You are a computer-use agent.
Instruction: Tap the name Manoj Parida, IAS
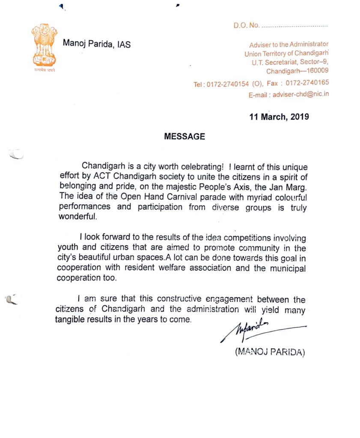(97, 44)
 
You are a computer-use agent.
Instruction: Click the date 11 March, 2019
(279, 116)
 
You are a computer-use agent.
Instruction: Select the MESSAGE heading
(184, 136)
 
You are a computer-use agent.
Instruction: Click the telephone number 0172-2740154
(227, 84)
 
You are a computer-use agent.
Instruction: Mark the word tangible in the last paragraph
(70, 320)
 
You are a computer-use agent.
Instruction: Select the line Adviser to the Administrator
(289, 44)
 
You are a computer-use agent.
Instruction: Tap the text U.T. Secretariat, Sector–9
(290, 62)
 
